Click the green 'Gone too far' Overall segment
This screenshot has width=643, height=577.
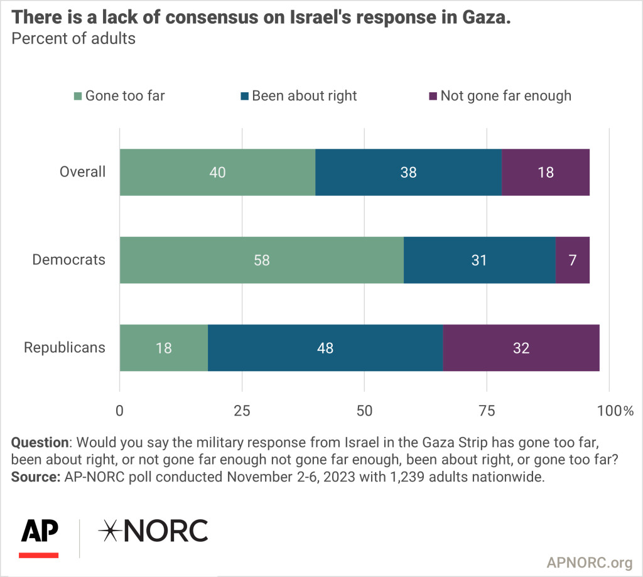pos(217,173)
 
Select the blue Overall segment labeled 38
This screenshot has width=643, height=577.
pos(408,173)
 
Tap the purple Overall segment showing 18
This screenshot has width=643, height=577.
pos(546,173)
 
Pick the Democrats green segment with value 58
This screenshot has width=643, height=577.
pos(261,260)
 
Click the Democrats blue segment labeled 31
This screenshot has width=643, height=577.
pos(479,260)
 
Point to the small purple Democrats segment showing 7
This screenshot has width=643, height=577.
pos(573,260)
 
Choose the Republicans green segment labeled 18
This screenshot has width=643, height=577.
pos(164,348)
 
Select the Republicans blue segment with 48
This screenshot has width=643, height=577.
pos(325,348)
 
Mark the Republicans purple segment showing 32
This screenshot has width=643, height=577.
pos(521,348)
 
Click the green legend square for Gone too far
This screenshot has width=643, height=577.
pos(78,97)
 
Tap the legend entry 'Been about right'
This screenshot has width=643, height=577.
pos(304,96)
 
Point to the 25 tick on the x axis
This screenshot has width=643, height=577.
pos(242,411)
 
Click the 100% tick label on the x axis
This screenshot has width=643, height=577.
pos(615,411)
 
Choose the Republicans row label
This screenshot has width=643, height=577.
pos(65,347)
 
